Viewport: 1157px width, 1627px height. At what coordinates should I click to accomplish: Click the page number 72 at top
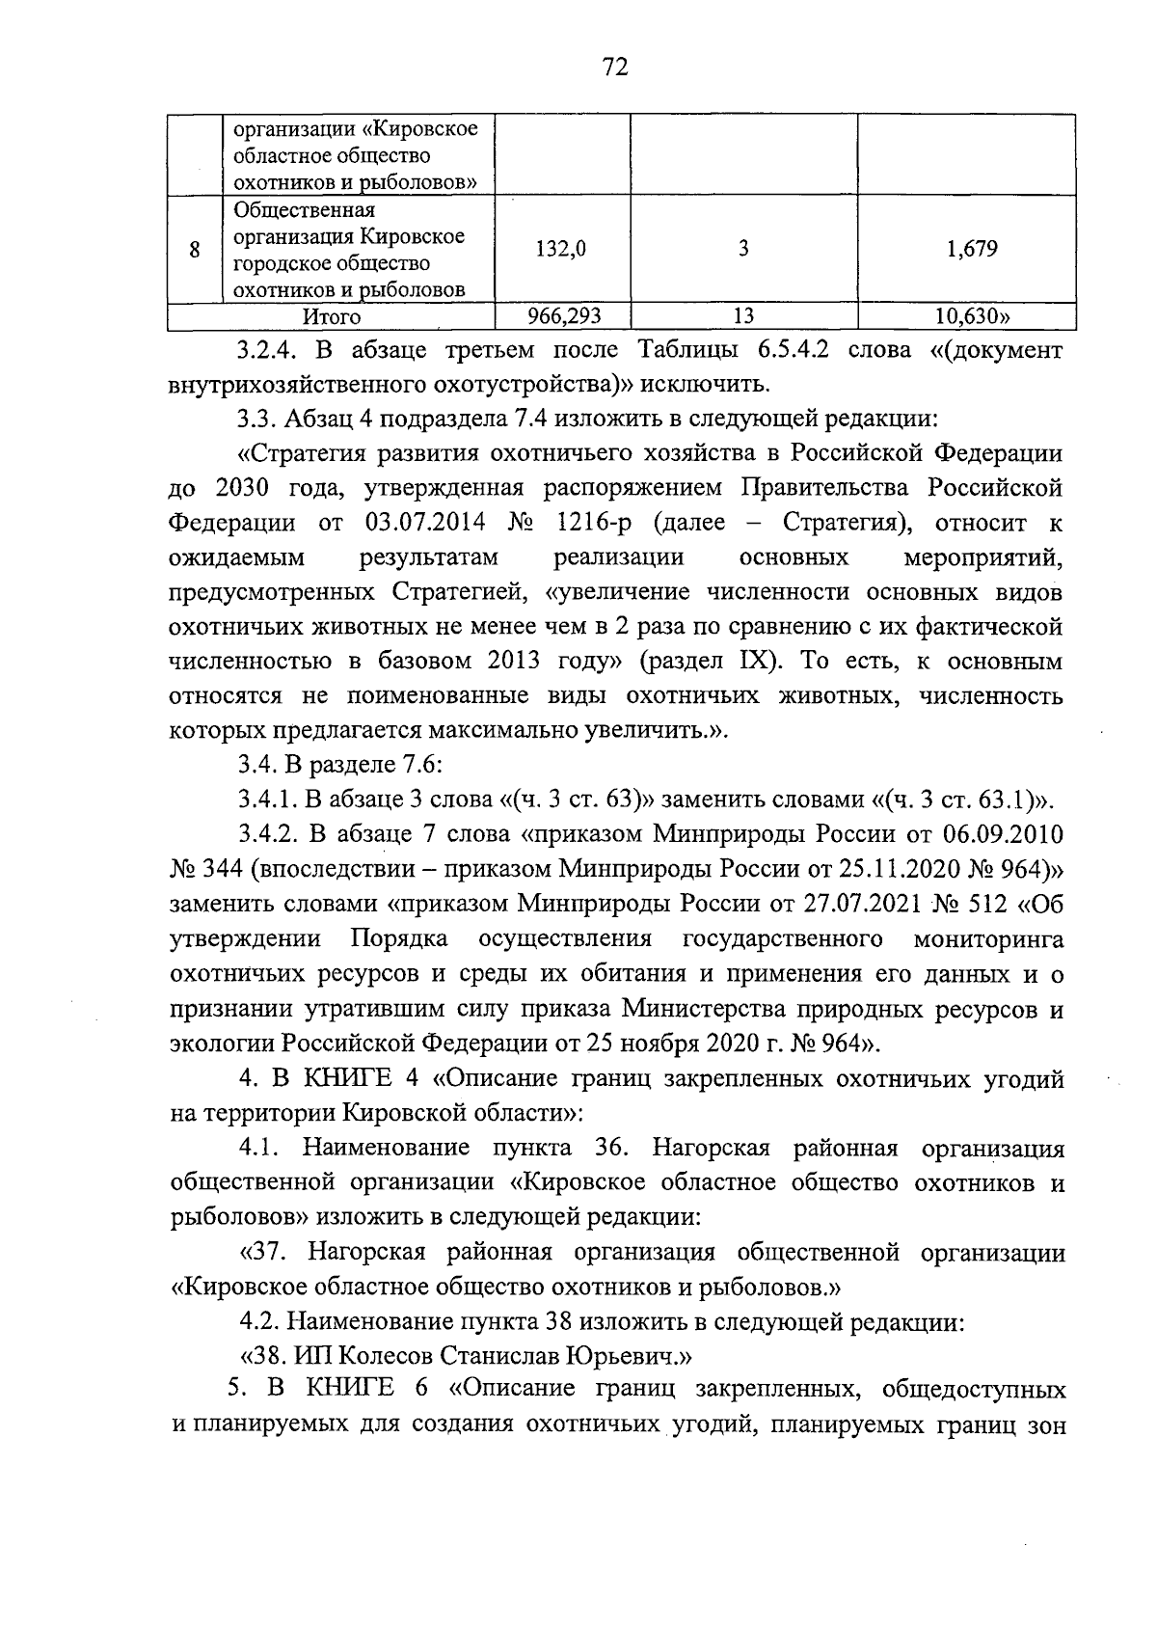click(x=615, y=67)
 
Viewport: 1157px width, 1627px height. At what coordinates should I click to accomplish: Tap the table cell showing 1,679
click(x=971, y=249)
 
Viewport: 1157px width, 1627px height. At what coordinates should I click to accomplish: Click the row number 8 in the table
click(x=195, y=250)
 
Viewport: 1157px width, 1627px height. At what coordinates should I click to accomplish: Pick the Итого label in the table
click(x=332, y=316)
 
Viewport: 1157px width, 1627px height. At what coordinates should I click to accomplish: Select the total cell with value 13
click(x=742, y=316)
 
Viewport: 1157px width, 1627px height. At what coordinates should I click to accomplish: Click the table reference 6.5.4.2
click(x=787, y=350)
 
